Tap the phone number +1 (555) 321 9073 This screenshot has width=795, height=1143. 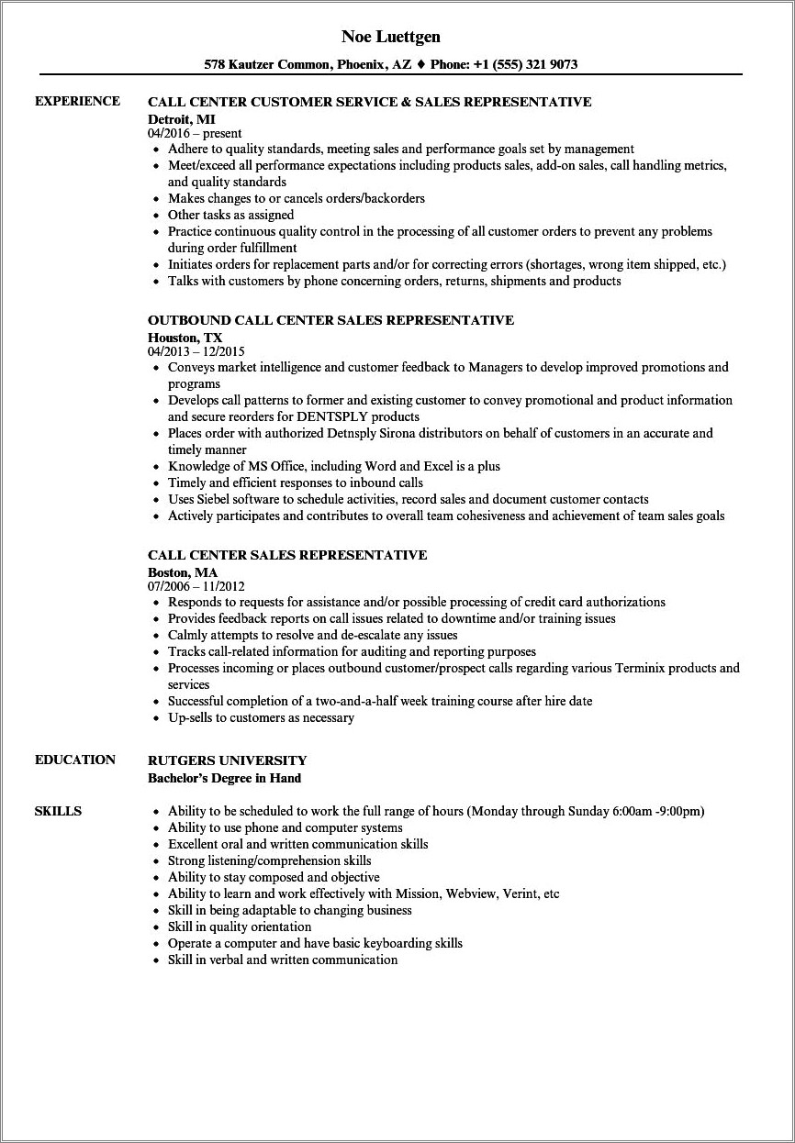525,65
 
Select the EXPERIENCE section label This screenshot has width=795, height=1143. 77,101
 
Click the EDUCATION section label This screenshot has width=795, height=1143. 75,760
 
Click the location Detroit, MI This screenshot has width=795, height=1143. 182,118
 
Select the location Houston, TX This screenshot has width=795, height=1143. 185,337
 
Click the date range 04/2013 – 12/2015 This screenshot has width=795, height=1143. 196,351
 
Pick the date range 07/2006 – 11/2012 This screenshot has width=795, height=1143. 196,586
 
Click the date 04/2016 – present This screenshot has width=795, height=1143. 195,133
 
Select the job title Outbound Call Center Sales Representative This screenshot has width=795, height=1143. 330,320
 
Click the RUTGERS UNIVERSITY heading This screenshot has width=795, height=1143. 227,760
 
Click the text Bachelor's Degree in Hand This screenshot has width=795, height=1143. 224,778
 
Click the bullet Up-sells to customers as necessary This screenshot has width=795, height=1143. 261,717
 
